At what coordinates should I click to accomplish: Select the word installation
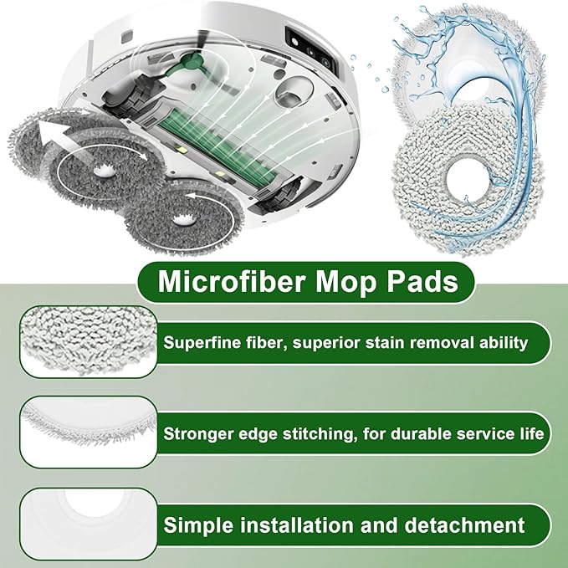pos(294,525)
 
